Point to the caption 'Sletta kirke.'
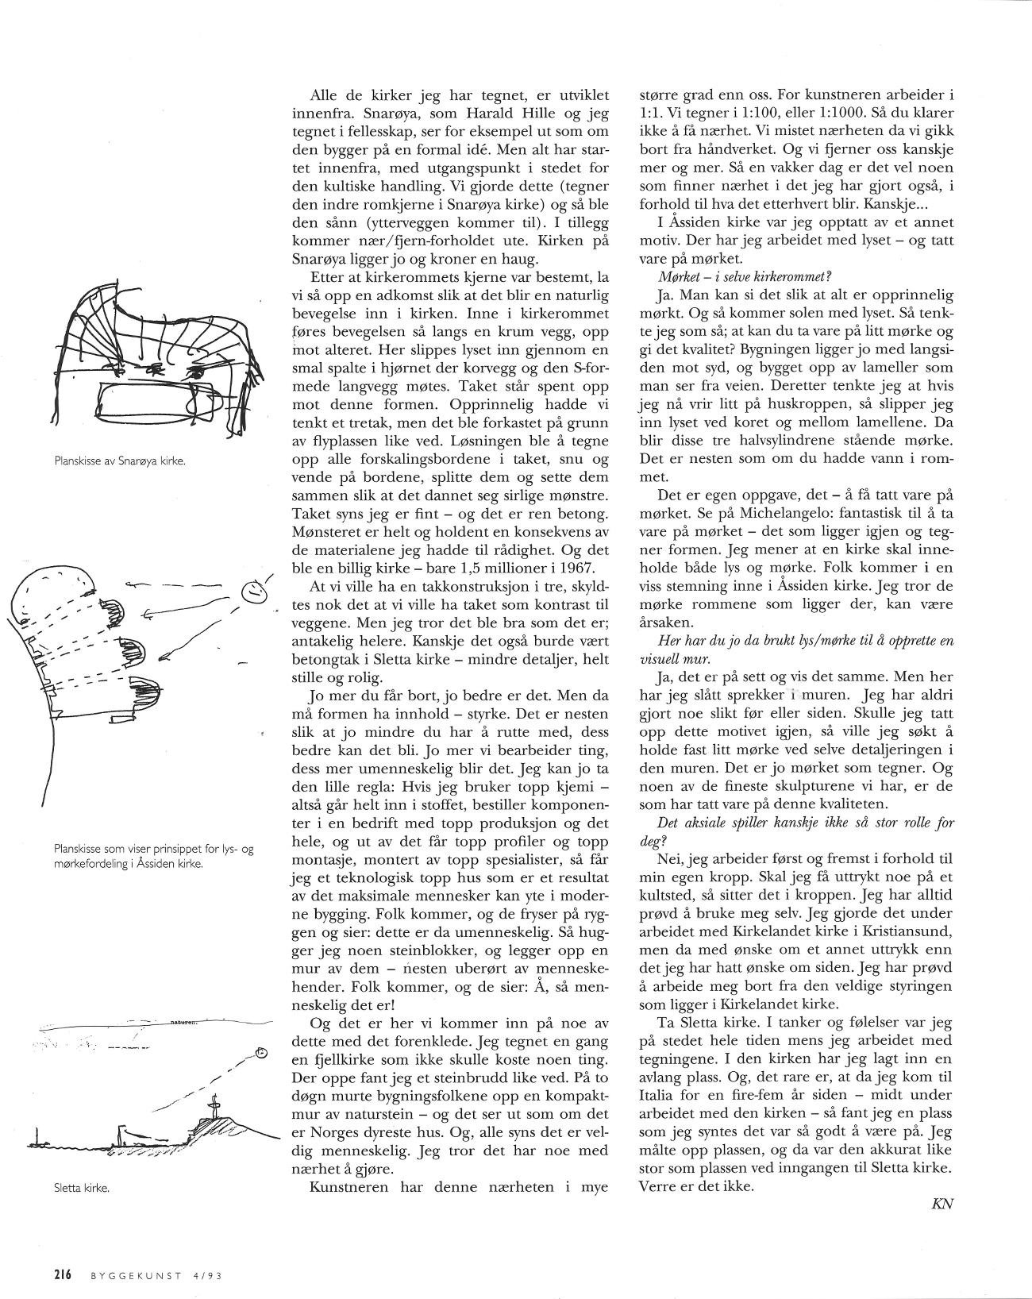tap(79, 1189)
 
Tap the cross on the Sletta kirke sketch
tap(213, 1105)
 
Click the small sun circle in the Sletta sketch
tap(260, 1053)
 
